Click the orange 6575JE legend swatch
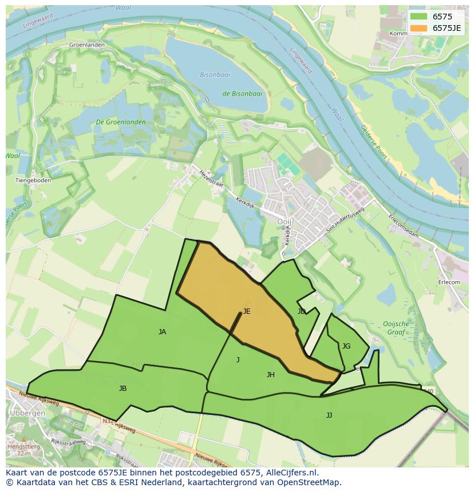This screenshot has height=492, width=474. [x=418, y=28]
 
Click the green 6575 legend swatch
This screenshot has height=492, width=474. [x=418, y=17]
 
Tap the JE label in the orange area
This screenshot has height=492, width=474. [x=247, y=311]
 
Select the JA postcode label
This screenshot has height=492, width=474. [x=162, y=331]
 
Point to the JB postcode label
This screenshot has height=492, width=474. [x=123, y=389]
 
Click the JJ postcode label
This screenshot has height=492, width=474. [x=329, y=415]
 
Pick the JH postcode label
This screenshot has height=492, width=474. [x=271, y=375]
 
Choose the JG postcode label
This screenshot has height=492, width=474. [x=346, y=346]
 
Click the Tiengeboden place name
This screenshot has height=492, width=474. [x=33, y=181]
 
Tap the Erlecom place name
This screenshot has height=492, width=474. [x=449, y=282]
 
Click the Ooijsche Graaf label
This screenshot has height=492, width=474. [x=396, y=327]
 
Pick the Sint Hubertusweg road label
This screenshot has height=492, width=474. [x=345, y=220]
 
